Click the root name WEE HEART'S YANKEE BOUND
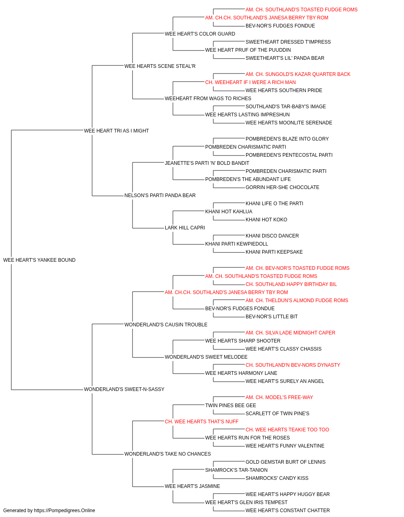[39, 260]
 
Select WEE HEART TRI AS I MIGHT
[116, 131]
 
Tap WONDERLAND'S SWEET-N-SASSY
[124, 389]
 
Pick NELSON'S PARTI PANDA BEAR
[160, 195]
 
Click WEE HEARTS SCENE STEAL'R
[160, 66]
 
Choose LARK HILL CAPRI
[185, 228]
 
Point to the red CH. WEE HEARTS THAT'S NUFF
[202, 422]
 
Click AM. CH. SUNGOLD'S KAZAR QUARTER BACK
[298, 74]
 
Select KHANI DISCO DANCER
[272, 236]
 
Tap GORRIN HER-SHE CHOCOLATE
[282, 187]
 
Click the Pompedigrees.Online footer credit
[49, 511]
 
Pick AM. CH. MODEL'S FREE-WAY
[279, 397]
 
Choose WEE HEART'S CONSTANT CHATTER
[288, 511]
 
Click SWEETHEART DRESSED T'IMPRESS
[288, 42]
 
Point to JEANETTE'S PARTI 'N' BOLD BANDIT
[207, 163]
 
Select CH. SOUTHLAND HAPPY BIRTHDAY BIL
[291, 284]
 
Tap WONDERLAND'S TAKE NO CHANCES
[168, 454]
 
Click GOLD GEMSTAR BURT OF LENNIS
[286, 462]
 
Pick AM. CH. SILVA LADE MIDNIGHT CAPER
[290, 332]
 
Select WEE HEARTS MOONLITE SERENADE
[289, 123]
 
